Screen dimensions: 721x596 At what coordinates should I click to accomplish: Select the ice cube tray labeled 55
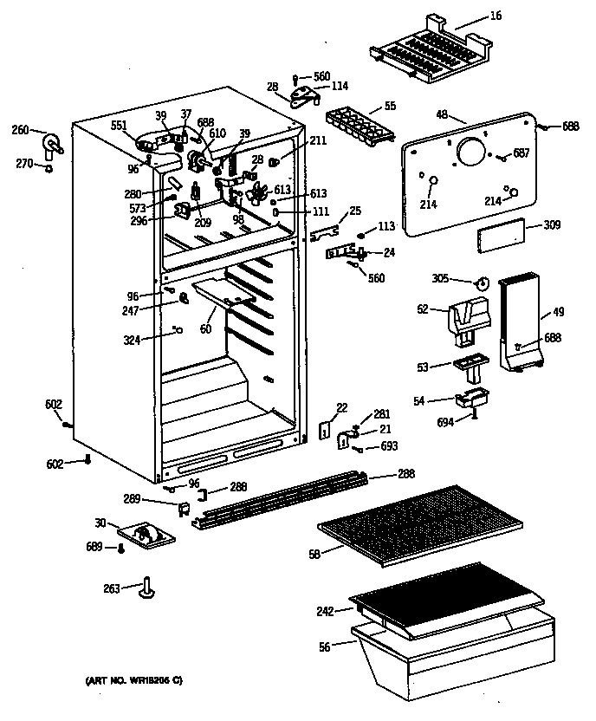click(357, 127)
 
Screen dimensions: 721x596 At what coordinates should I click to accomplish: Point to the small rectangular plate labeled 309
click(501, 234)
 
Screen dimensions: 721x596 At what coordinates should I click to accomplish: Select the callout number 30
click(100, 523)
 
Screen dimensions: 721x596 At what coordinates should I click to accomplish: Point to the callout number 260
click(20, 130)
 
